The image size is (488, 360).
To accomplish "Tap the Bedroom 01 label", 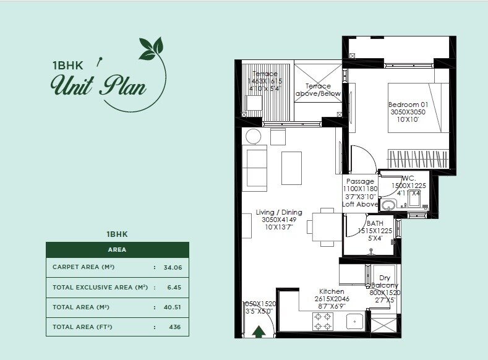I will click(x=408, y=104).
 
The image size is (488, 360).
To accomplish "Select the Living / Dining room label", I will click(x=279, y=213).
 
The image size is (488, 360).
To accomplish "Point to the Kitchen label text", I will click(x=332, y=291).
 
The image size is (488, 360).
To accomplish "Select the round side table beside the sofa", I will click(x=254, y=137).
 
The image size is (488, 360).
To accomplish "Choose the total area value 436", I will click(x=174, y=327).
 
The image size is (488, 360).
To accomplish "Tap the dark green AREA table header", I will click(x=117, y=250).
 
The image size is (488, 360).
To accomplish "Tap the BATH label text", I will click(x=375, y=223).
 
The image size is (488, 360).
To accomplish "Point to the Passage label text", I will click(x=359, y=181).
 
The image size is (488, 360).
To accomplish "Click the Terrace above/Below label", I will click(x=318, y=90).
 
